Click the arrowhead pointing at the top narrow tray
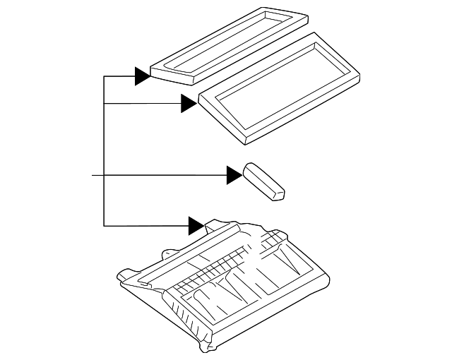click(x=142, y=76)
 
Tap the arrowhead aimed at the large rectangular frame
click(x=188, y=104)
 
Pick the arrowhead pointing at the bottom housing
click(x=196, y=226)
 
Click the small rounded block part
click(x=263, y=181)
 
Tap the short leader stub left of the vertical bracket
click(x=97, y=174)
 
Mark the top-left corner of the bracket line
click(x=104, y=76)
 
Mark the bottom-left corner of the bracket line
click(x=104, y=226)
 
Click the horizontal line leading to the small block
click(x=166, y=174)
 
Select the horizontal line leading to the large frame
click(x=141, y=104)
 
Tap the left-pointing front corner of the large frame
click(x=201, y=100)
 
